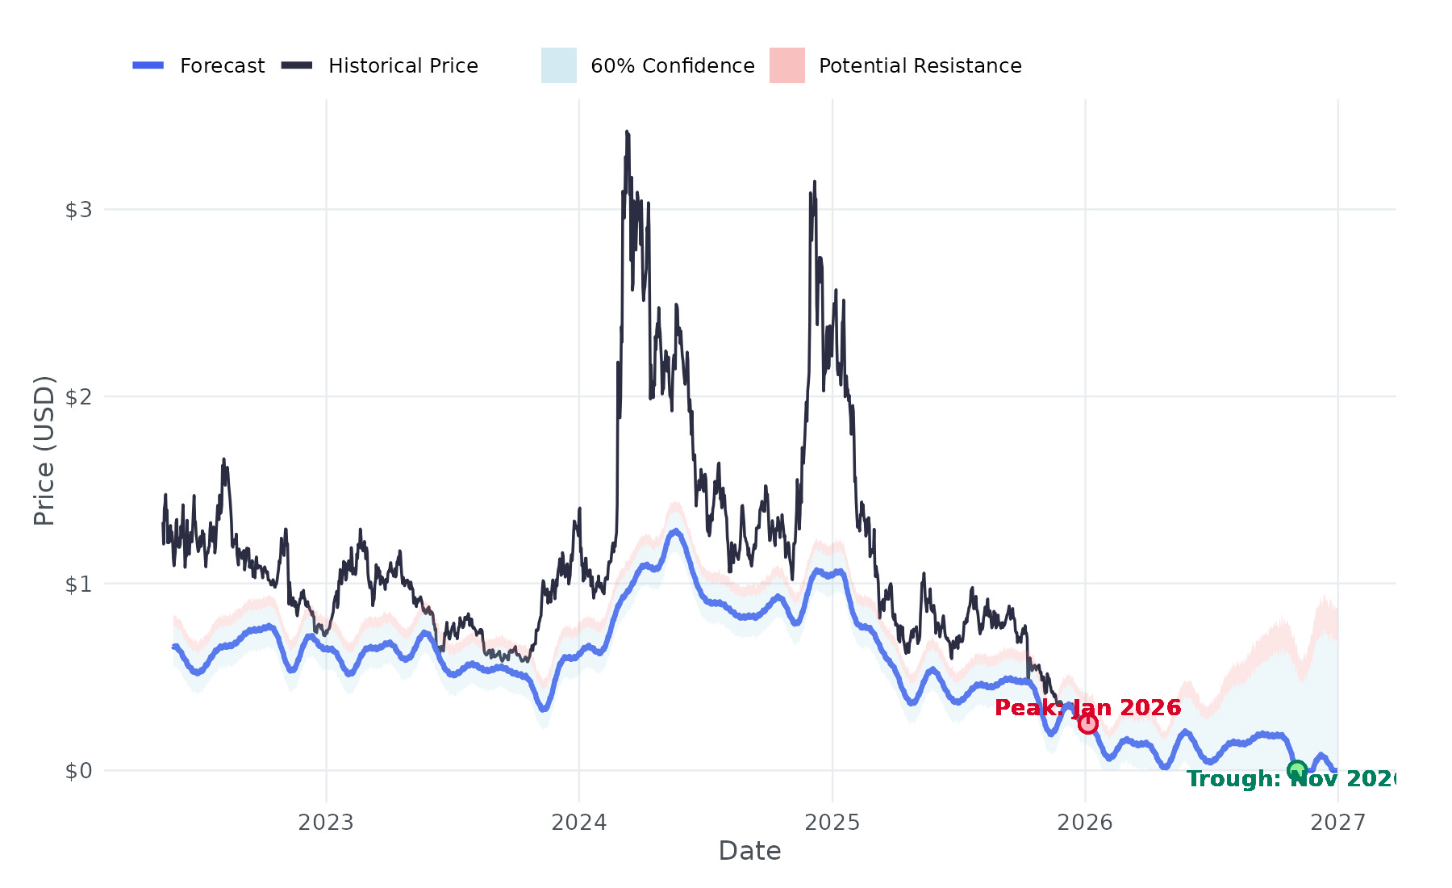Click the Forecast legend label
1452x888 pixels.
222,65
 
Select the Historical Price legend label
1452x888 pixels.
403,65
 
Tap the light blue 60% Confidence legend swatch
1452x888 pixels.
558,65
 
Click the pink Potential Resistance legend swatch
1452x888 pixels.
786,65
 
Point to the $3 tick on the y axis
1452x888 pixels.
78,210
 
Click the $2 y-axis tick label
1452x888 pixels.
78,397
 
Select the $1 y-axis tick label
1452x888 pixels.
78,584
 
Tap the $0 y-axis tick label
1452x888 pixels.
78,771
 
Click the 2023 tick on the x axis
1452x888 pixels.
326,823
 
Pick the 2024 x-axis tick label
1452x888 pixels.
579,823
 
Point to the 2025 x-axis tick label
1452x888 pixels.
832,823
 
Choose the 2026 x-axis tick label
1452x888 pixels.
1085,823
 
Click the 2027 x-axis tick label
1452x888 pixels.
1338,823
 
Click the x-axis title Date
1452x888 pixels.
749,851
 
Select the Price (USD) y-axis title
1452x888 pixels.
44,450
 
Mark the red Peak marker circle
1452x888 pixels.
1088,724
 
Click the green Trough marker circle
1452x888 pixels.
1296,770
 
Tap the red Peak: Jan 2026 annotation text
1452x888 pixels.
1087,708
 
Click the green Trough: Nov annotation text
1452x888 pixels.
1291,779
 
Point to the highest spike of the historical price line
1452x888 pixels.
626,132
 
